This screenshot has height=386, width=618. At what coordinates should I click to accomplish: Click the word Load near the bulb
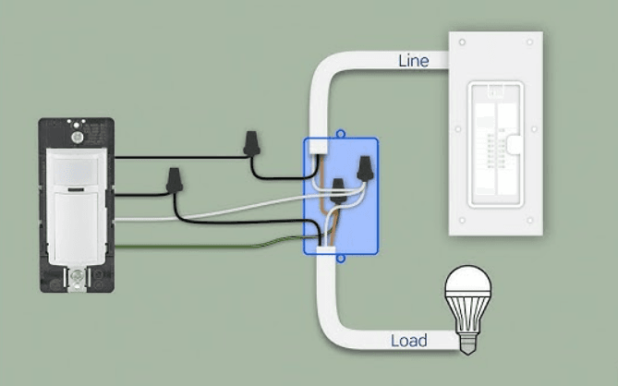(409, 341)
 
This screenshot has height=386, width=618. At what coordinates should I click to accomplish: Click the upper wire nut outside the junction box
(249, 142)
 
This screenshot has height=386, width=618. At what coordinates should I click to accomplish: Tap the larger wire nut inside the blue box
(366, 167)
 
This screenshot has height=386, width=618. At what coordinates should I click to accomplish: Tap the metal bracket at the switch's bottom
(78, 277)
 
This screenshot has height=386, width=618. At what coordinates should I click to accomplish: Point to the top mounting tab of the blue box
(341, 133)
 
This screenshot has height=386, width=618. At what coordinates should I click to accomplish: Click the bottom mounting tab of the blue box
(341, 259)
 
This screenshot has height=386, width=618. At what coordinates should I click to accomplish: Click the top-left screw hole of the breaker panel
(461, 42)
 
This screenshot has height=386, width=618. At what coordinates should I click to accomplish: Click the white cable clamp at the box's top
(320, 146)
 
